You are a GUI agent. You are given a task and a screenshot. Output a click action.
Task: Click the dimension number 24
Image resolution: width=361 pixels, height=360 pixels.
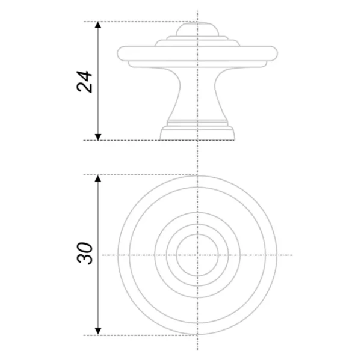(84, 82)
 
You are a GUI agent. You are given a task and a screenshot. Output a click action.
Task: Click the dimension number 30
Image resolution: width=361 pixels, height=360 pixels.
(85, 253)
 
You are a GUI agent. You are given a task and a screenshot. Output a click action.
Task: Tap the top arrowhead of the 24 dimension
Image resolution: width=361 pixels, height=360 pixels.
(98, 25)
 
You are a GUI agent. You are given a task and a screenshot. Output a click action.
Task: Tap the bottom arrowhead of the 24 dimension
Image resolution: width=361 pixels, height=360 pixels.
(98, 137)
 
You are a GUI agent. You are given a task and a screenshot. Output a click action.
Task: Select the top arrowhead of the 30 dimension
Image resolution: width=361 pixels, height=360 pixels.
(98, 178)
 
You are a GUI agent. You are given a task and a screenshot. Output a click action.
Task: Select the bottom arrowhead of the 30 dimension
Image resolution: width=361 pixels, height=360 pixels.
(98, 332)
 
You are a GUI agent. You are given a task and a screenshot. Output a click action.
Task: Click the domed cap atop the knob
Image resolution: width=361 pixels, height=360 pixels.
(197, 29)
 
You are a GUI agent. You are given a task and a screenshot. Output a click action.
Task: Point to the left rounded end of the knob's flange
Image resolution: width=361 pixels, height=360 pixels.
(122, 53)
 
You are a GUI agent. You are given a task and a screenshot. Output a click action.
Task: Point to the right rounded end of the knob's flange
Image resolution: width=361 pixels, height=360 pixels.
(273, 53)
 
